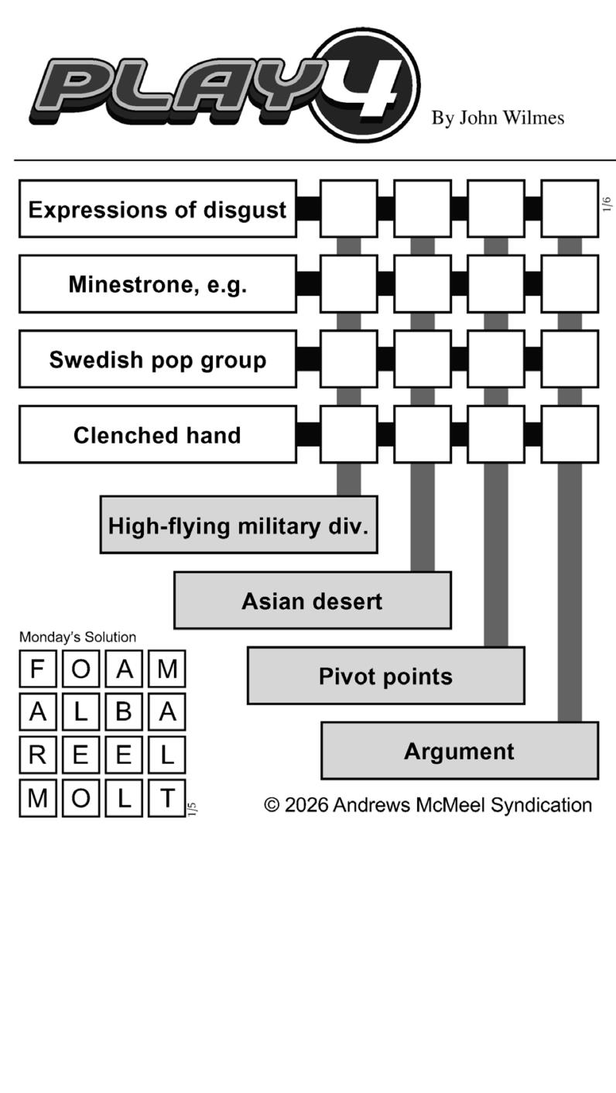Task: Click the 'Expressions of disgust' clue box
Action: tap(157, 209)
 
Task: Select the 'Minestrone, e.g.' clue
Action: tap(157, 284)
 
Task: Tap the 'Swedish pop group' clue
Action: tap(157, 359)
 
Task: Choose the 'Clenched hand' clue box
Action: tap(157, 434)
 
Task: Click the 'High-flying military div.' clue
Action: tap(238, 525)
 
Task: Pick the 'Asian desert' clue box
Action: tap(312, 601)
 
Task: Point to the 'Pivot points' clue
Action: tap(385, 676)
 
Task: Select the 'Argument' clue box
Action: tap(459, 751)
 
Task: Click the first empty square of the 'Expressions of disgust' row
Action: tap(348, 209)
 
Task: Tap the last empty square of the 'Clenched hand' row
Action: tap(569, 434)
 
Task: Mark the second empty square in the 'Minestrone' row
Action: tap(422, 284)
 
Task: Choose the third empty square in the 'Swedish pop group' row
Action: tap(495, 359)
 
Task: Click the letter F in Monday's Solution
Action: tap(37, 669)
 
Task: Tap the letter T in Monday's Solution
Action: tap(167, 798)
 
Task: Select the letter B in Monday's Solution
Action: tap(124, 712)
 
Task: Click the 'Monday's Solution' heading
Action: tap(77, 637)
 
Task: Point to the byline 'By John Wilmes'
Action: tap(498, 118)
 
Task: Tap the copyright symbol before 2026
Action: tap(272, 805)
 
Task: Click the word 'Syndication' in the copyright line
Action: tap(541, 805)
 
